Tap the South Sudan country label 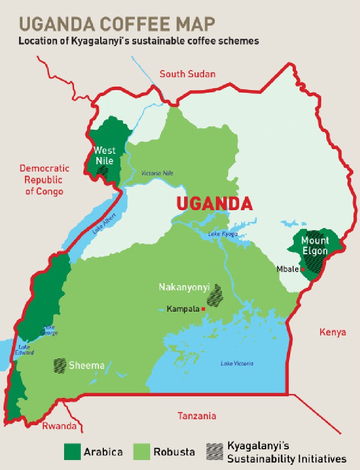click(x=187, y=74)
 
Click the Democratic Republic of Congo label click(x=44, y=180)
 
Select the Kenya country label click(x=333, y=332)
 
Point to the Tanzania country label click(x=197, y=415)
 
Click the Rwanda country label click(x=59, y=426)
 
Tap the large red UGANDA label click(x=214, y=203)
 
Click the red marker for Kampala click(x=203, y=309)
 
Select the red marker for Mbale click(x=303, y=269)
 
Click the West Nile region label click(x=104, y=155)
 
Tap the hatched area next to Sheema click(x=60, y=365)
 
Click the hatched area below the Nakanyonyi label click(x=215, y=295)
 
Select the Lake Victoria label click(x=237, y=363)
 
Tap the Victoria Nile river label click(x=157, y=173)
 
